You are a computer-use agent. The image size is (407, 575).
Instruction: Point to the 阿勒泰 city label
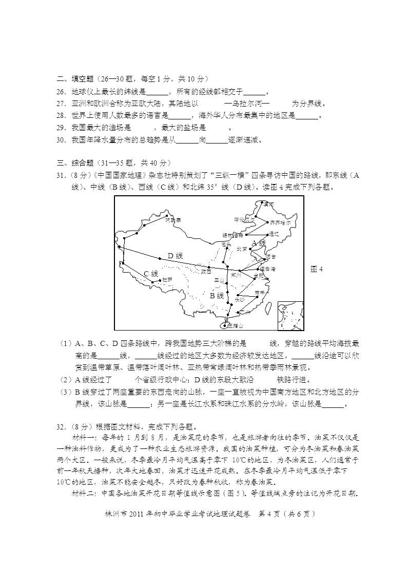(x=173, y=220)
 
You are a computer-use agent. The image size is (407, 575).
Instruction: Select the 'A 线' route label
(x=259, y=242)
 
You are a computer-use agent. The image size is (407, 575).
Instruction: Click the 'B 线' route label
(x=217, y=296)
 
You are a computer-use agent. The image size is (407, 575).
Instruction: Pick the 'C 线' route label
(x=150, y=274)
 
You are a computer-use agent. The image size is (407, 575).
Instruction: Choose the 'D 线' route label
(x=175, y=256)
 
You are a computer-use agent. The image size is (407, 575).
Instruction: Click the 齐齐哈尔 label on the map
(x=280, y=223)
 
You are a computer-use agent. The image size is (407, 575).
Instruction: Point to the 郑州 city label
(x=237, y=275)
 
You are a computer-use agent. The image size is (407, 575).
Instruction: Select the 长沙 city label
(x=240, y=299)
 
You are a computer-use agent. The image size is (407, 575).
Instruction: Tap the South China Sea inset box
(x=290, y=315)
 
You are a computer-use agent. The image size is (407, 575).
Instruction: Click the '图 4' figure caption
(x=317, y=269)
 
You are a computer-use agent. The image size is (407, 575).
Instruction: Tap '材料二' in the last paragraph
(x=84, y=494)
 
